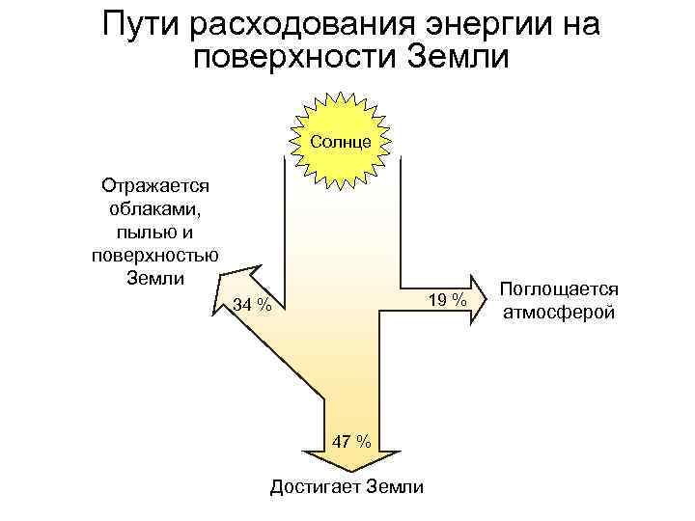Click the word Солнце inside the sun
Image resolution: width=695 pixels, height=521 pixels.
[341, 142]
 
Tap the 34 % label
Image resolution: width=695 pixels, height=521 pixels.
[253, 306]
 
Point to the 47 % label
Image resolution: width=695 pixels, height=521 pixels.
[350, 442]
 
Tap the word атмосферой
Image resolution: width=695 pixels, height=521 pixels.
[559, 313]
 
